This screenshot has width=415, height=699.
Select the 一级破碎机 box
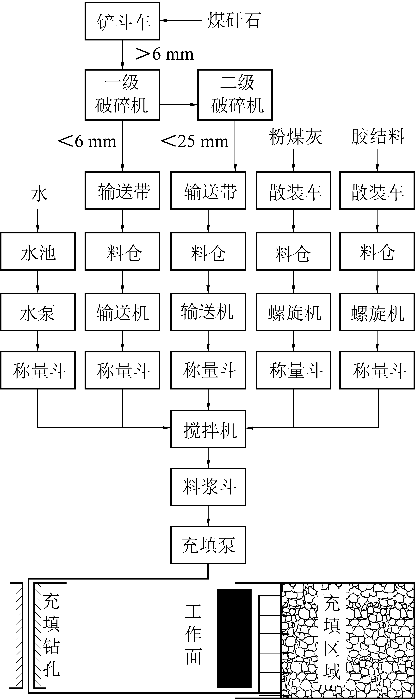click(x=122, y=95)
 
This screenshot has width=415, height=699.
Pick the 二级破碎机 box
click(x=235, y=95)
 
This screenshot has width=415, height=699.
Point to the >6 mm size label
click(x=164, y=54)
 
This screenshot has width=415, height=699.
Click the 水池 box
click(x=38, y=251)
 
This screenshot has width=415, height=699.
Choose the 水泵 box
click(x=38, y=312)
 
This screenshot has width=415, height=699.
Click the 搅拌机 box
click(x=208, y=429)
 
